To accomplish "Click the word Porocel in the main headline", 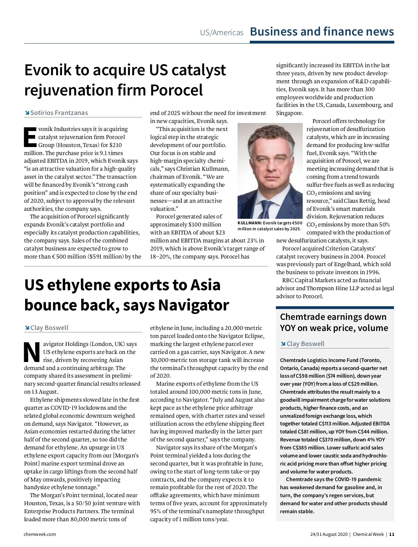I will pyautogui.click(x=176, y=90).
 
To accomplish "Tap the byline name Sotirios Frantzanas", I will pyautogui.click(x=59, y=113).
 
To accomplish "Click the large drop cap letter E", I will pyautogui.click(x=30, y=137).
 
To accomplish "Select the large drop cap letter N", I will pyautogui.click(x=32, y=352).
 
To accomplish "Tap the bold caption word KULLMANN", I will pyautogui.click(x=249, y=223).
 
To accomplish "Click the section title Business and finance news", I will pyautogui.click(x=322, y=32).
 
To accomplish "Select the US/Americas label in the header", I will pyautogui.click(x=222, y=33).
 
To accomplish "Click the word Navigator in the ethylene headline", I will pyautogui.click(x=193, y=305).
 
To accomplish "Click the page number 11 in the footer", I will pyautogui.click(x=392, y=534).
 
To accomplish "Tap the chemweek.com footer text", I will pyautogui.click(x=40, y=534).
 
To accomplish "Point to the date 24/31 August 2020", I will pyautogui.click(x=329, y=534).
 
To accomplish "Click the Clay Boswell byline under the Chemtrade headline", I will pyautogui.click(x=305, y=344).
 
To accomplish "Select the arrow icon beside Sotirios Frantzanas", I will pyautogui.click(x=27, y=113).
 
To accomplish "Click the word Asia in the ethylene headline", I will pyautogui.click(x=205, y=285).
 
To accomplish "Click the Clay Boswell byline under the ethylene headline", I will pyautogui.click(x=49, y=328).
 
